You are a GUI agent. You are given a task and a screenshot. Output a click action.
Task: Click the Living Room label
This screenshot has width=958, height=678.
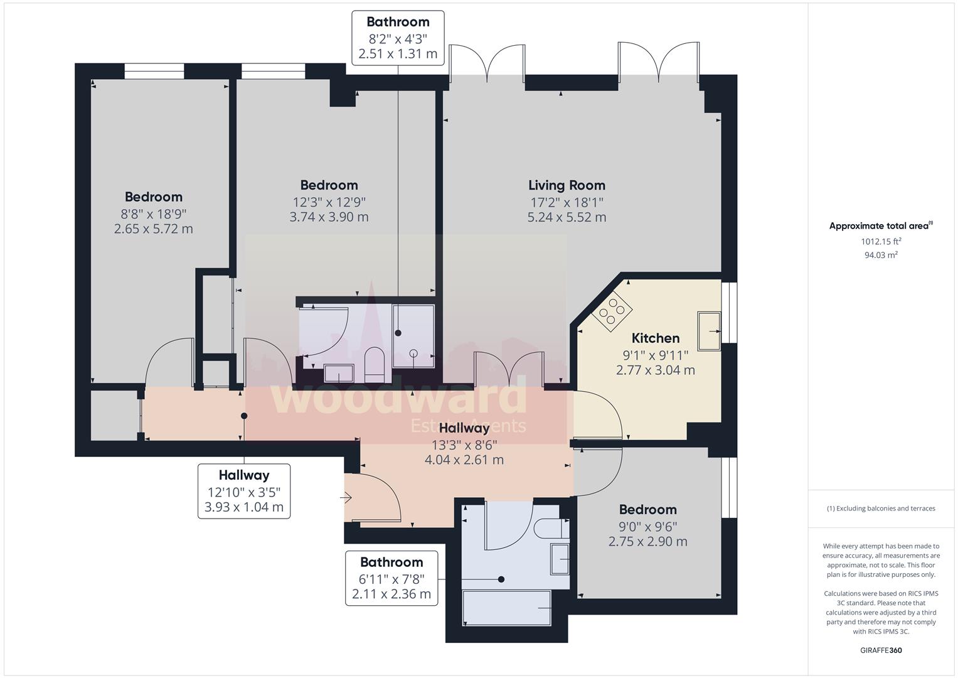point(567,185)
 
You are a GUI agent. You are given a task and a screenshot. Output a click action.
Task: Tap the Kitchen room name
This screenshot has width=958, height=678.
point(655,338)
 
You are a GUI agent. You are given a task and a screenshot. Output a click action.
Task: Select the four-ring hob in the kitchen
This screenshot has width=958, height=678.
point(612,311)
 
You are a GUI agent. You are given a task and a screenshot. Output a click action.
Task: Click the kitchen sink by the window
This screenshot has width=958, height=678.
point(709,331)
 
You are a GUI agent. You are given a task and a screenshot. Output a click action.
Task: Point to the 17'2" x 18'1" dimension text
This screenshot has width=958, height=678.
point(567,202)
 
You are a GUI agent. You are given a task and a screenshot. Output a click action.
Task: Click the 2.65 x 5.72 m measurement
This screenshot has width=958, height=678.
point(154,229)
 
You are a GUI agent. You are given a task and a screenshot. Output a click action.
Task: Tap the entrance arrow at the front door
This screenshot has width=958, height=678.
point(346,497)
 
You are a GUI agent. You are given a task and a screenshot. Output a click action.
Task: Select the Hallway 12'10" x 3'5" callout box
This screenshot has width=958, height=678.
point(244,492)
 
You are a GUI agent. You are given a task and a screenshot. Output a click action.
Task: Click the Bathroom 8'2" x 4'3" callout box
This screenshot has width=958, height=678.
point(398,38)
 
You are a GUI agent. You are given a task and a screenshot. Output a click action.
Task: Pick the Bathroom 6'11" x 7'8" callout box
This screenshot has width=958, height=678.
point(391,578)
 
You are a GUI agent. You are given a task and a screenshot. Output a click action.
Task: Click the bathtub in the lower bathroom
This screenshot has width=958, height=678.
point(507,608)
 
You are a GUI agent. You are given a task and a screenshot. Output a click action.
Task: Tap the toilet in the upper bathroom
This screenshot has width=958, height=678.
point(376,364)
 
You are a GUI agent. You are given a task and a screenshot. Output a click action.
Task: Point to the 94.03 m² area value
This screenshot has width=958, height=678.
point(881,255)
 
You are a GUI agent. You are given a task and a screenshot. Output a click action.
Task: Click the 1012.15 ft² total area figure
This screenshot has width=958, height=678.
point(881,242)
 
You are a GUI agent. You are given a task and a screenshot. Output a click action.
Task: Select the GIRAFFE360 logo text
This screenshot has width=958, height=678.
point(881,650)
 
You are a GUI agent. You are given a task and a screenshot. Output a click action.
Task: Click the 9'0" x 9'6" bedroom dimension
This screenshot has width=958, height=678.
point(648,527)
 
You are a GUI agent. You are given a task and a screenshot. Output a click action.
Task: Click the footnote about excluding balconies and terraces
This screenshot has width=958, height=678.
point(881,508)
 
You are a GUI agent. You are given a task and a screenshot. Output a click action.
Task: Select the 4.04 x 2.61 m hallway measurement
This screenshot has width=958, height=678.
point(464,460)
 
